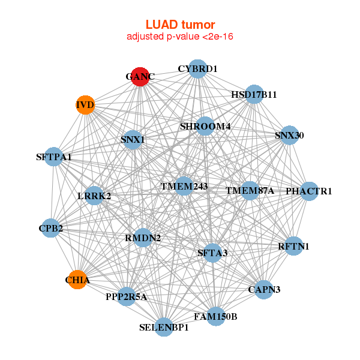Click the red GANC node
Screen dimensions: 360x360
140,77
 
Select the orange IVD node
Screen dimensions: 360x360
85,106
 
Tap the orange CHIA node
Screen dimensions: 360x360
77,280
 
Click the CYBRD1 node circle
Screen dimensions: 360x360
197,69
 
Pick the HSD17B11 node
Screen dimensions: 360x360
254,94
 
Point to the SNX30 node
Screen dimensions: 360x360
289,136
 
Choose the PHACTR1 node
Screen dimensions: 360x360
309,191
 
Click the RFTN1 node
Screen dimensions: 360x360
293,246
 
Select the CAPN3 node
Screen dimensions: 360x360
265,289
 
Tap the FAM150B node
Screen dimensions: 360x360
215,316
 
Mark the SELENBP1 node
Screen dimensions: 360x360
164,327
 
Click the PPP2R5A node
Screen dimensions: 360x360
126,296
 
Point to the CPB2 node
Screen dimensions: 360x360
51,229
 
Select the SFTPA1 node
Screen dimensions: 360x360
54,157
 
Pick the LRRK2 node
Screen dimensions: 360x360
94,196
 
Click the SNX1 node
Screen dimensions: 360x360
133,140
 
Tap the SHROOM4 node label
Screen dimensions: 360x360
205,126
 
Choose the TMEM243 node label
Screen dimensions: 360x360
184,186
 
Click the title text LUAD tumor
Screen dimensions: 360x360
180,25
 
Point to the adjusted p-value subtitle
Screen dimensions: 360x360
180,37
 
